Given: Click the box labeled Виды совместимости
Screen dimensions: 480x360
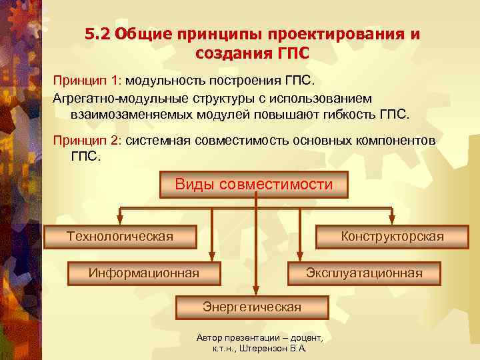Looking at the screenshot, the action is (x=253, y=185).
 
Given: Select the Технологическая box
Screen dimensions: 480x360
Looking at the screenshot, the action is (x=120, y=237).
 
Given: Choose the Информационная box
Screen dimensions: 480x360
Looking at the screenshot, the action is (x=144, y=273).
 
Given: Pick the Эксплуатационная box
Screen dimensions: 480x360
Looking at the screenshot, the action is (x=363, y=273).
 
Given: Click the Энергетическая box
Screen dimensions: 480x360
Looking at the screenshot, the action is (x=252, y=307).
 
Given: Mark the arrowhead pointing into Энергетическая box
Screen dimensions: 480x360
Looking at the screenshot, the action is (x=254, y=290).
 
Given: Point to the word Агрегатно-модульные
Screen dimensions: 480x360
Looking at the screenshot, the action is (x=117, y=98).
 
